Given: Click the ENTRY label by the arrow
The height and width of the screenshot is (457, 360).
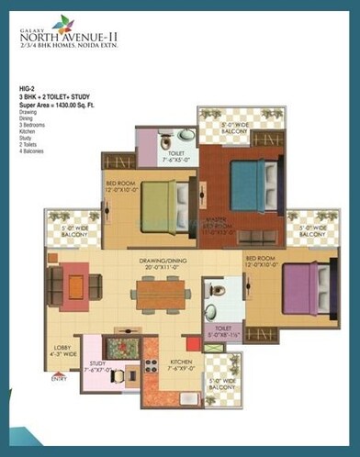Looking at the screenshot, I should (x=60, y=377).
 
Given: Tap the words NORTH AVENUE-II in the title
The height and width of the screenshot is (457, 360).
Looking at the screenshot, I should (x=64, y=39).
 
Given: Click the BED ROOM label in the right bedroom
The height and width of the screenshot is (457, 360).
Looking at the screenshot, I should (x=262, y=258).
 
